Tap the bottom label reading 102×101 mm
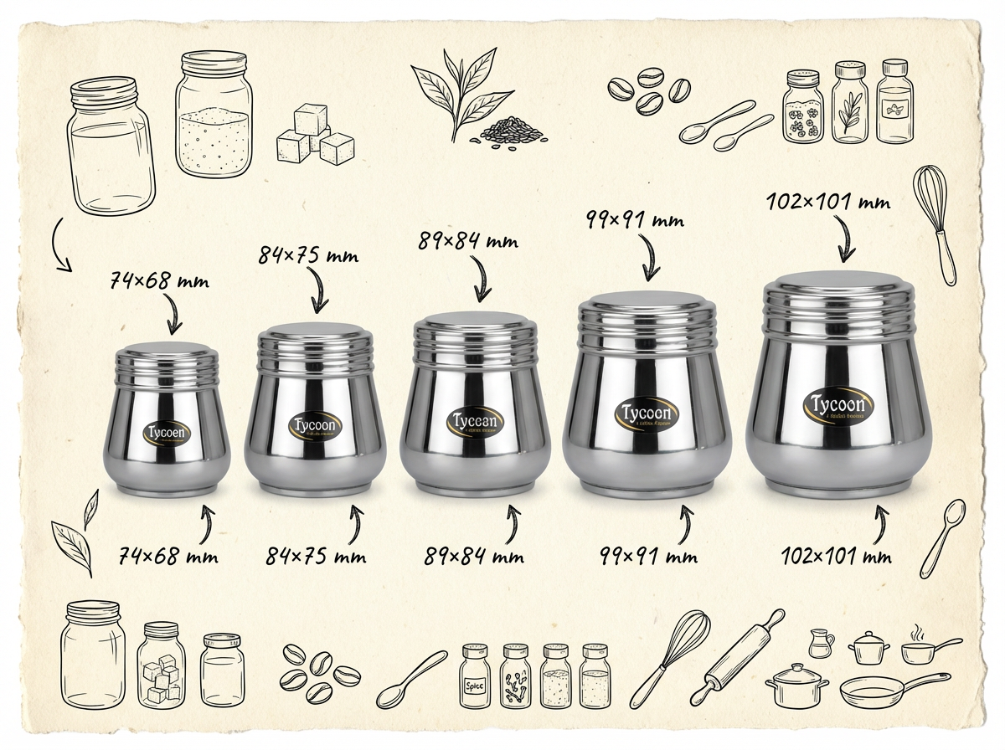pos(836,556)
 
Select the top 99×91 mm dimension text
pos(636,220)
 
